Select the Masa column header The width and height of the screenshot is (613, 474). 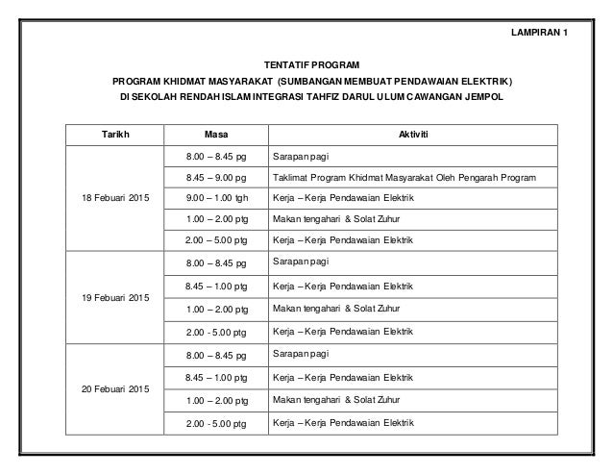coord(217,135)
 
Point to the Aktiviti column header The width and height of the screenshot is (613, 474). coord(413,135)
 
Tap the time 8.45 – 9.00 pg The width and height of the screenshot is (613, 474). coord(217,177)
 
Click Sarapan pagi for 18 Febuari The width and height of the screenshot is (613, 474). coord(301,156)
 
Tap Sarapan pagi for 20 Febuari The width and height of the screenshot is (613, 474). coord(301,354)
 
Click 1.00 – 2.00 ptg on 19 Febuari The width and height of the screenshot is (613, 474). coord(217,309)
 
